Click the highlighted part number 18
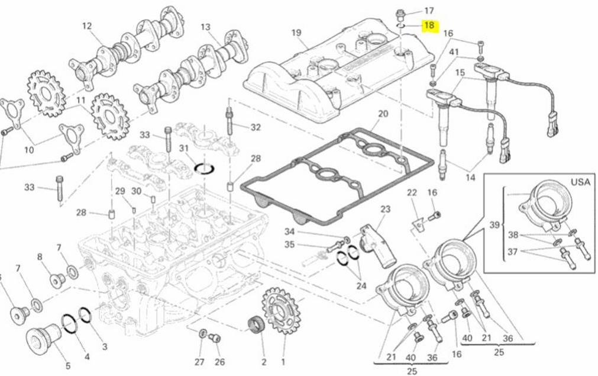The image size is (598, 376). tap(429, 25)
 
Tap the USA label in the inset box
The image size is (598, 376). tap(580, 182)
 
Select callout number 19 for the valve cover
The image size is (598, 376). tap(297, 33)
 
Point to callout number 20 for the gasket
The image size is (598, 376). tap(383, 113)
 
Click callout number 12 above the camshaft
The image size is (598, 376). tap(87, 25)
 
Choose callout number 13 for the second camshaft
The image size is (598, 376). tap(206, 27)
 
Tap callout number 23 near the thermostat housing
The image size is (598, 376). tap(385, 210)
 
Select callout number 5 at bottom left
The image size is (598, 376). tap(67, 366)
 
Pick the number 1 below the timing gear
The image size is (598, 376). tap(283, 361)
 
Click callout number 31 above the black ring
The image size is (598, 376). tap(184, 148)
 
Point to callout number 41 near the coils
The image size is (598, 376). tap(454, 52)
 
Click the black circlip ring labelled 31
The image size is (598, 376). tap(203, 169)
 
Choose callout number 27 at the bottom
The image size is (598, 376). tap(199, 361)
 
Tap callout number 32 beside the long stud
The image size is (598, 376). tap(256, 127)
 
